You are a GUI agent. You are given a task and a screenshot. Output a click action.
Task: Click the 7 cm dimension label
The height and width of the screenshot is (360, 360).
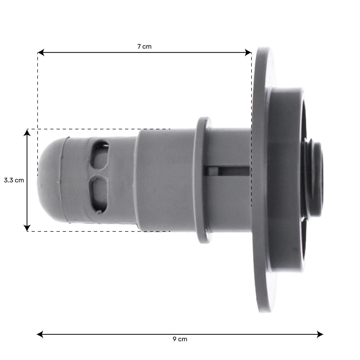[x=145, y=47]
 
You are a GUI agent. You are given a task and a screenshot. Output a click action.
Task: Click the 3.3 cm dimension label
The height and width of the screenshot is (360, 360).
[x=14, y=180]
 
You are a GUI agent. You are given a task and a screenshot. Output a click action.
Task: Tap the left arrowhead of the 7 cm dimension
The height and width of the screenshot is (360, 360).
[x=41, y=52]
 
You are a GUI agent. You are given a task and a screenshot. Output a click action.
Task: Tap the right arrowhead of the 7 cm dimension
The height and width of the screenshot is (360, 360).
[x=248, y=52]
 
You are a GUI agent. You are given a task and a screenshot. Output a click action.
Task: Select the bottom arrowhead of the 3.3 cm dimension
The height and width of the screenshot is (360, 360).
[x=27, y=228]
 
